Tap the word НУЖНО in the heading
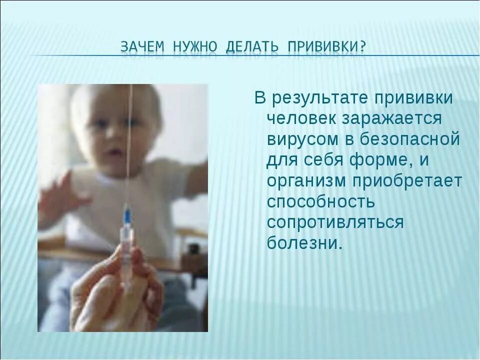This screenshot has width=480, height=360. click(195, 47)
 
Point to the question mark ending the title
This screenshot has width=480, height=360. click(362, 47)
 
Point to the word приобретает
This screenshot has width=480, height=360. click(407, 181)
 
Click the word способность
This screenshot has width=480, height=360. click(320, 201)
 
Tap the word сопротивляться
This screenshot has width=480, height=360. click(335, 222)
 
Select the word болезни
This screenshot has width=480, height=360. click(304, 242)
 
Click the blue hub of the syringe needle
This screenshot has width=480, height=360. click(127, 215)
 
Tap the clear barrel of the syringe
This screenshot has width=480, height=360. click(126, 250)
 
